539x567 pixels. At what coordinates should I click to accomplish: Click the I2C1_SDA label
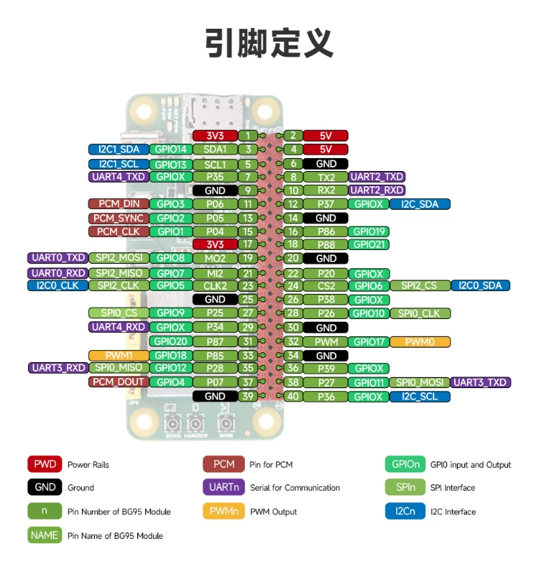tap(119, 149)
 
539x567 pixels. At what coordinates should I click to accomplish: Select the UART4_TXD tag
tap(119, 177)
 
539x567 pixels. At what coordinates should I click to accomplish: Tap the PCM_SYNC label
tap(119, 218)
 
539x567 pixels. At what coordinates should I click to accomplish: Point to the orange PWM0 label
tap(420, 342)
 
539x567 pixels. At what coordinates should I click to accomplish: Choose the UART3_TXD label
tap(481, 382)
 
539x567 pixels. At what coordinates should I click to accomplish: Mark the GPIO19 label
tap(369, 231)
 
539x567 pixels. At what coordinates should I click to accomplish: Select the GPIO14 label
tap(170, 149)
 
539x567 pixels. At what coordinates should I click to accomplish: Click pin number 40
tap(292, 397)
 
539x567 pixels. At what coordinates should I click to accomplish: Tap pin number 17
tap(247, 244)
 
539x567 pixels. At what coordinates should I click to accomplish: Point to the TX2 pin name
tap(326, 177)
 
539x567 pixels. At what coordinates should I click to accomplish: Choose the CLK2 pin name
tap(215, 286)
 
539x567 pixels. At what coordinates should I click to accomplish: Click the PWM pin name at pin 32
tap(326, 342)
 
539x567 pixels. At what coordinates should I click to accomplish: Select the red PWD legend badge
tap(44, 464)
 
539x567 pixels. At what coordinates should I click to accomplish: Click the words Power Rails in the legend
tap(88, 465)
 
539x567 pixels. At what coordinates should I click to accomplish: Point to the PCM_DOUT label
tap(119, 382)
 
